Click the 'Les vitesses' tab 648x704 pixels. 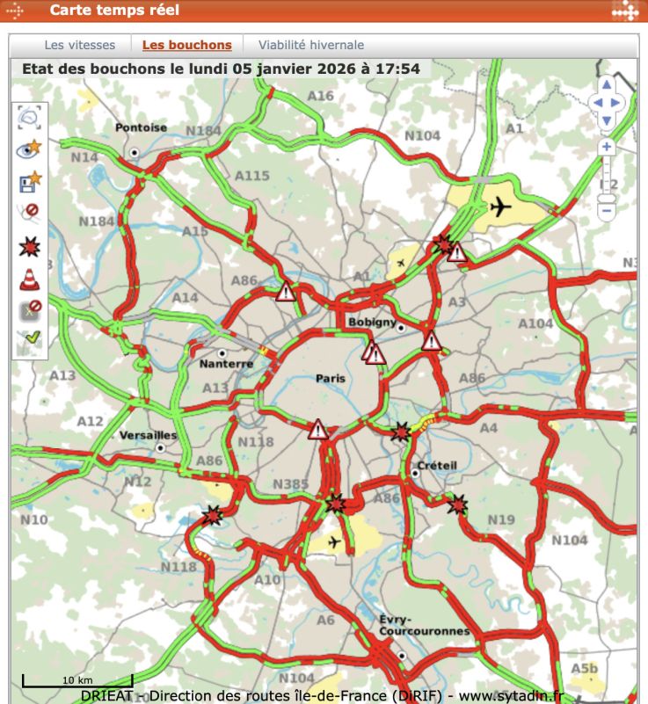79,45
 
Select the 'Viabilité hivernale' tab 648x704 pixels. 310,45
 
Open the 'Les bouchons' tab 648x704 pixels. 186,45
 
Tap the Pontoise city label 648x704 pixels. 141,127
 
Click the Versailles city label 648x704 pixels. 148,435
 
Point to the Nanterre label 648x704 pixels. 226,363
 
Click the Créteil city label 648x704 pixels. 437,464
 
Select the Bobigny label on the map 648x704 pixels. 372,322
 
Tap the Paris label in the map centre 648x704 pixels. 331,379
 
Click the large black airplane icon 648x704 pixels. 500,207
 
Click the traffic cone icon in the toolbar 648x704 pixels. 30,279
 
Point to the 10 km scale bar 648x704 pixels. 76,680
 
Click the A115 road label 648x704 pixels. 251,176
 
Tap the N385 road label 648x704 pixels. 290,484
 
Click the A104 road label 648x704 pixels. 535,323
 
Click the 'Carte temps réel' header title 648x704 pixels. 114,11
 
